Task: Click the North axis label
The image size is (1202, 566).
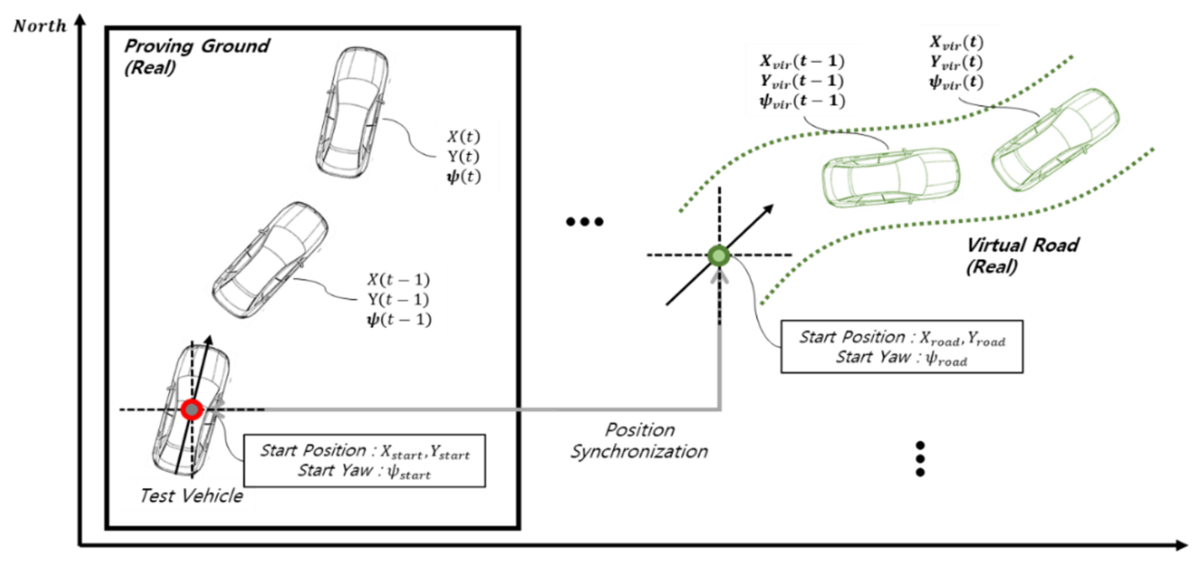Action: (x=40, y=26)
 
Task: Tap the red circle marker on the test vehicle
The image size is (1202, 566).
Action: (x=192, y=410)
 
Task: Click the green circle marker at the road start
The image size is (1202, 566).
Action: (x=719, y=255)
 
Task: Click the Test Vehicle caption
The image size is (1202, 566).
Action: (x=191, y=496)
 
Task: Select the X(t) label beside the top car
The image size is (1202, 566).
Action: (x=463, y=136)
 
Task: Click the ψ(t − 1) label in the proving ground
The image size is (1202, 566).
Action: (x=399, y=320)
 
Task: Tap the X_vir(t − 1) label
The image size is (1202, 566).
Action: (x=801, y=61)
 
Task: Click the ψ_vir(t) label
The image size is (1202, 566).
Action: (x=956, y=82)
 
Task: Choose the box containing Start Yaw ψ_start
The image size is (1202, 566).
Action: (x=364, y=461)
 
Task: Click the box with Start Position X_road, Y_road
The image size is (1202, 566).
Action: (x=901, y=347)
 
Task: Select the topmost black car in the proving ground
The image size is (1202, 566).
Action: (x=352, y=112)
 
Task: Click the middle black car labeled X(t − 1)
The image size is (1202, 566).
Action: (x=270, y=260)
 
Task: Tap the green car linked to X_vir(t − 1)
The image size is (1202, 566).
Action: (x=890, y=177)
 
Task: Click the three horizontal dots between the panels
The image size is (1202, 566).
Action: (x=584, y=221)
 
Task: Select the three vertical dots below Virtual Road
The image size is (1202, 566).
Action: (x=920, y=459)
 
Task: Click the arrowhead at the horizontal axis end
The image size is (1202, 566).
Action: (x=1181, y=545)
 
